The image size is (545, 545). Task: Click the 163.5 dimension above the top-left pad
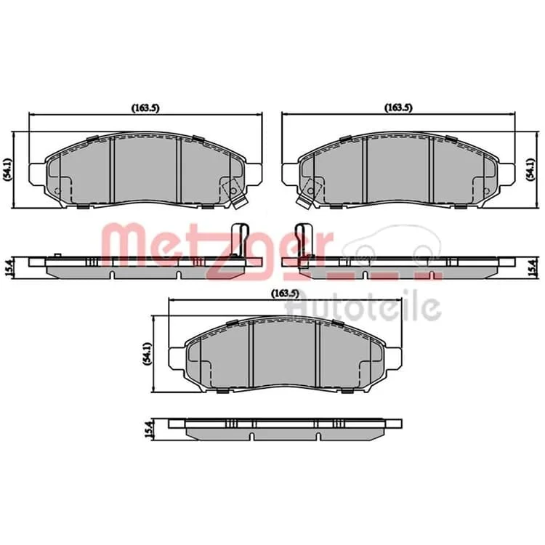coord(145,108)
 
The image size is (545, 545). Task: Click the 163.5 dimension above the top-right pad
coord(398,108)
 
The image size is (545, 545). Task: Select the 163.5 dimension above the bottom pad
coord(285,294)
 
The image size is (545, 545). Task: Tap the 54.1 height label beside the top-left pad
coord(8,169)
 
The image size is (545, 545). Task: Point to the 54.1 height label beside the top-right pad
coord(530,169)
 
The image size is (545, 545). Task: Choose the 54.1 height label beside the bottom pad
coord(148,354)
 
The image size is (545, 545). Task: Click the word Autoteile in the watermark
coord(363,306)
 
